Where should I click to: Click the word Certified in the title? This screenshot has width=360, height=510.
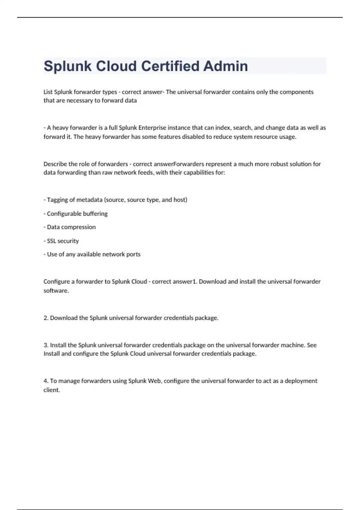169,66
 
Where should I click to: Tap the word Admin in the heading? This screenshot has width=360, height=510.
226,66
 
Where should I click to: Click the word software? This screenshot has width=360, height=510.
55,291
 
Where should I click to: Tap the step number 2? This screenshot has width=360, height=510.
46,318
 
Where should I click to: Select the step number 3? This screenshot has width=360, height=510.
46,345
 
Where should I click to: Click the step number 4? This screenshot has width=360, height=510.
46,381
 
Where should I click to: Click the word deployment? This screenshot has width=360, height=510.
301,381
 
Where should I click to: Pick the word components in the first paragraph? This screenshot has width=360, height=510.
296,92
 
